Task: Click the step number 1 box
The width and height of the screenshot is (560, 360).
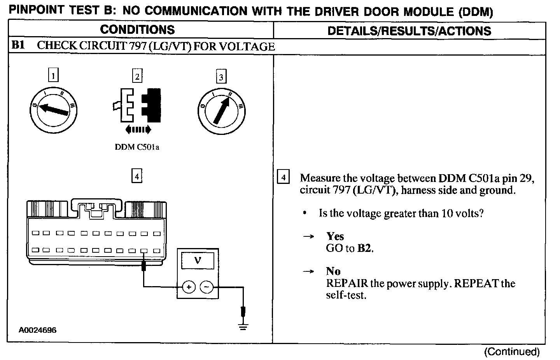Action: tap(53, 75)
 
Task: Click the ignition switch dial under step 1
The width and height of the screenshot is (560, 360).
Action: tap(54, 109)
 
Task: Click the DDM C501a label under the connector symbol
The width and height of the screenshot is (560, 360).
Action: tap(137, 147)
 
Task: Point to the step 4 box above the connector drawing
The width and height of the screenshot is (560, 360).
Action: tap(136, 176)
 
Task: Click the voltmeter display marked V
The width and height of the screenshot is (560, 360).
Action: tap(198, 260)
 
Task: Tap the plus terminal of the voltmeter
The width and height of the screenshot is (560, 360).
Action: tap(189, 287)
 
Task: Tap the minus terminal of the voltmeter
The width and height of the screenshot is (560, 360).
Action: tap(206, 287)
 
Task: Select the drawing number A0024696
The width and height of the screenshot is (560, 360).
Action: tap(38, 330)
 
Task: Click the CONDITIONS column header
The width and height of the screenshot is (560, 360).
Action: tap(137, 30)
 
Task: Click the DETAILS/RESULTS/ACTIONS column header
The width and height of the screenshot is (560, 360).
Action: tap(409, 31)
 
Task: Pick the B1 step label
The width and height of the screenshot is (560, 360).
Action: tap(18, 46)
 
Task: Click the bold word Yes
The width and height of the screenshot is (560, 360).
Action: tap(335, 236)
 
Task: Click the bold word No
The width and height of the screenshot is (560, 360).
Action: tap(333, 271)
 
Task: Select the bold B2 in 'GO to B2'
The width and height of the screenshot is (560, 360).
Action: tap(365, 248)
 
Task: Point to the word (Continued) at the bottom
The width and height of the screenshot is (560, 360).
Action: tap(512, 352)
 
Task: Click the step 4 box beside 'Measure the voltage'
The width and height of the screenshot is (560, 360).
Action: tap(283, 178)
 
